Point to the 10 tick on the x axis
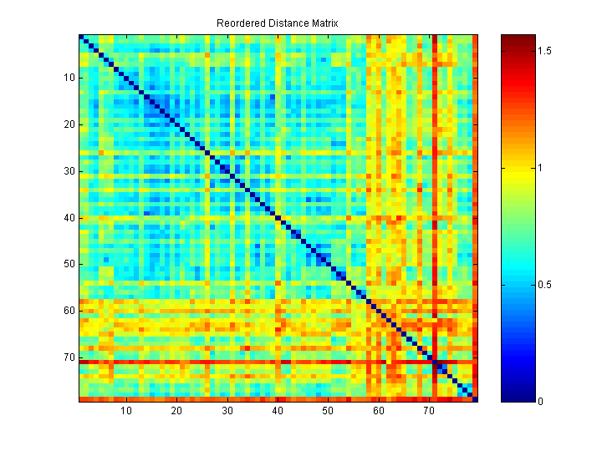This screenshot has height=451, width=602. tap(126, 411)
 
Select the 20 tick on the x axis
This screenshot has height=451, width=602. tap(177, 411)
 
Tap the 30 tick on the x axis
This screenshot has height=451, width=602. tap(227, 411)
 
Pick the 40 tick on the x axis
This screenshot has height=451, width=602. tap(278, 411)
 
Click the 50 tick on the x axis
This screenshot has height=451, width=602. tap(328, 411)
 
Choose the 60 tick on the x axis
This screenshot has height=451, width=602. tap(379, 411)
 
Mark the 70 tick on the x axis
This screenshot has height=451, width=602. tap(429, 411)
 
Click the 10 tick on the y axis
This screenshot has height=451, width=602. tap(69, 78)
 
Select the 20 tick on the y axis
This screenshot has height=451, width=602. tap(69, 124)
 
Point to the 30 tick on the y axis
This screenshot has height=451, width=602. tap(69, 171)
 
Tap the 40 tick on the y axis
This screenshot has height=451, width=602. tap(69, 217)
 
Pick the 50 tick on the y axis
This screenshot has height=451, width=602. tap(69, 264)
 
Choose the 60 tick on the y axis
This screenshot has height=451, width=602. tap(69, 311)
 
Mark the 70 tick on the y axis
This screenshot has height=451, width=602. tap(69, 357)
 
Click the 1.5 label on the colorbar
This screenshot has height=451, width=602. tap(545, 51)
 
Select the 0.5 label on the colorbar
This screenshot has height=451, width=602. tap(545, 285)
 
